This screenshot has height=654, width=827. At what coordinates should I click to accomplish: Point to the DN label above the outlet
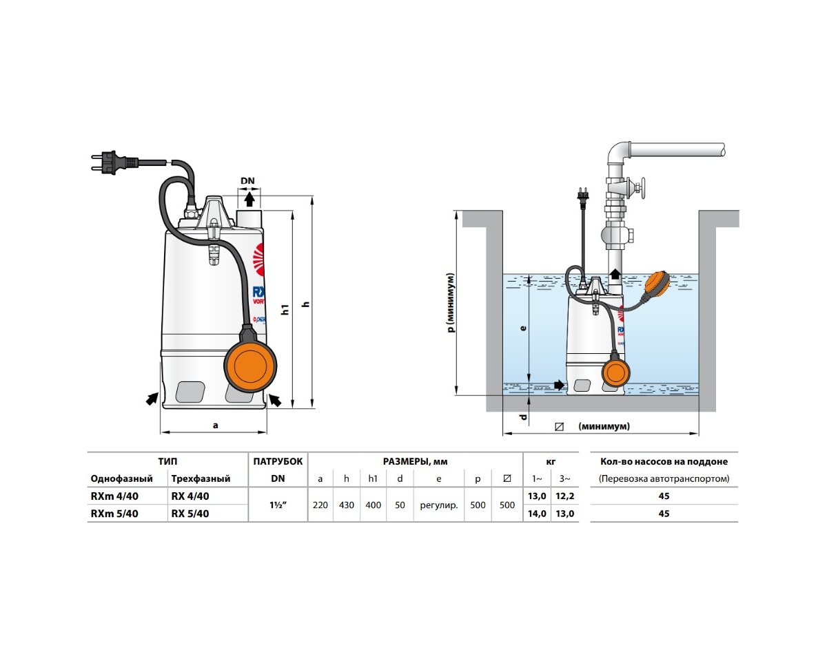tap(247, 181)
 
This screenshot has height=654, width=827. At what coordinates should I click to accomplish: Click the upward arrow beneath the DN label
tap(249, 198)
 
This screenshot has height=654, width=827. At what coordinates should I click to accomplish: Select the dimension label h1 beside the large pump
tap(285, 309)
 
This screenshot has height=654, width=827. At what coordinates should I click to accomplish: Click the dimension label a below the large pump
tap(215, 425)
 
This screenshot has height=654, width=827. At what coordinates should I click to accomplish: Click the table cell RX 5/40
tap(190, 514)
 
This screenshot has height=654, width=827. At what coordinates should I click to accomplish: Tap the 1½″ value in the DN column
tap(277, 505)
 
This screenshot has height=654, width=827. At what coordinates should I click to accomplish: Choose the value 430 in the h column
tap(347, 505)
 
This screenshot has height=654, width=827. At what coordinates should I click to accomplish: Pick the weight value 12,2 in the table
tap(564, 496)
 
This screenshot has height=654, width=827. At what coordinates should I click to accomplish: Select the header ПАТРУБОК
tap(277, 462)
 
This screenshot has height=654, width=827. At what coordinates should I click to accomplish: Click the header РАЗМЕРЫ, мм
tap(415, 462)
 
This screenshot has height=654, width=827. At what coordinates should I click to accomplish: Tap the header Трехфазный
tap(200, 478)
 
